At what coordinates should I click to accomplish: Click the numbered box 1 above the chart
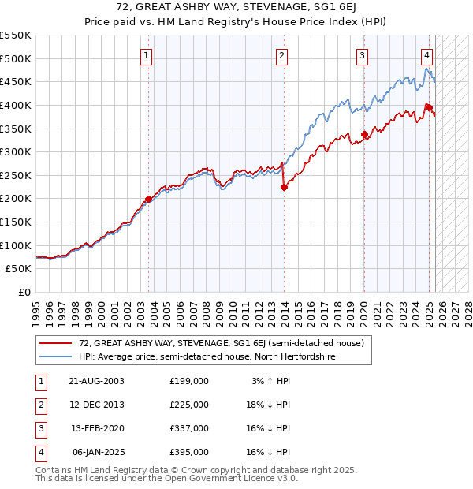tap(147, 55)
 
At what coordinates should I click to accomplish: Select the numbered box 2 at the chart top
tap(281, 55)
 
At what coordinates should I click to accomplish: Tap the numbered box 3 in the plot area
tap(362, 55)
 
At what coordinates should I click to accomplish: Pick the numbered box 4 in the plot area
tap(426, 55)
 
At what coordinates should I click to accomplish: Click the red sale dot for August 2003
tap(148, 200)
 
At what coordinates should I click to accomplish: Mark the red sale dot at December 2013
tap(285, 187)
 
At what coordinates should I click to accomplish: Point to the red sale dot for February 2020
tap(364, 135)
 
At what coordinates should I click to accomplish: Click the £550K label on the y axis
tap(17, 35)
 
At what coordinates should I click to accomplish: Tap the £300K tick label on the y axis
tap(17, 151)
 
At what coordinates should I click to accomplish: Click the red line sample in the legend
tap(55, 344)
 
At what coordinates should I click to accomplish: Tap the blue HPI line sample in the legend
tap(55, 357)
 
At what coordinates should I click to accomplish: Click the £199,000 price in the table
tap(189, 381)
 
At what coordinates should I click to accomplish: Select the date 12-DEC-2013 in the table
tap(96, 405)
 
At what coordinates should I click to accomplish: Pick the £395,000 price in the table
tap(189, 452)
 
